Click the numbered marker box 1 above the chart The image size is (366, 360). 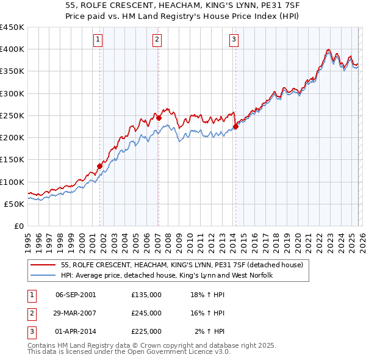click(98, 40)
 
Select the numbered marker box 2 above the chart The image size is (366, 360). click(157, 40)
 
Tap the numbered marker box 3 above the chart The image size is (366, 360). click(234, 40)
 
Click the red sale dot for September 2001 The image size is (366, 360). click(100, 166)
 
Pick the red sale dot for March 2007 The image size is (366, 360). click(159, 118)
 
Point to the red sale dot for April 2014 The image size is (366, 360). click(235, 127)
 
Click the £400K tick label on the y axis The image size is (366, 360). click(12, 49)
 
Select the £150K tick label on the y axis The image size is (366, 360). click(12, 160)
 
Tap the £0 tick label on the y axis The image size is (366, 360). click(19, 226)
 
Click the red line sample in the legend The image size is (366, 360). click(43, 264)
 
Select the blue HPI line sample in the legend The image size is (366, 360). click(43, 275)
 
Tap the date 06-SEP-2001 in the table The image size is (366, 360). click(76, 294)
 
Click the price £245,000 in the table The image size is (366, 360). click(146, 313)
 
